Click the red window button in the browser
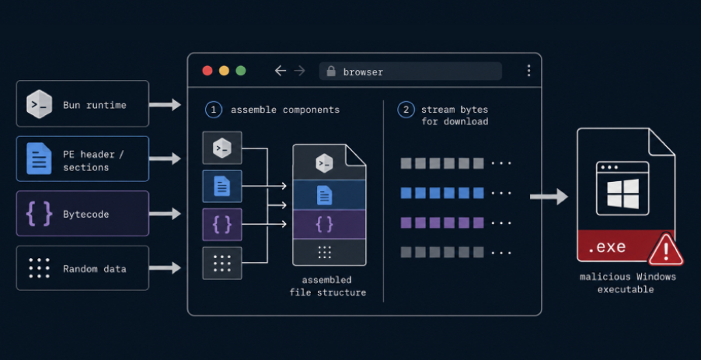[x=207, y=71]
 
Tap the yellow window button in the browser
[x=224, y=71]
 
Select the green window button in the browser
[x=241, y=71]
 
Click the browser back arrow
[x=281, y=71]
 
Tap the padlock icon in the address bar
[x=331, y=71]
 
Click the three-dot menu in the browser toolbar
[x=528, y=71]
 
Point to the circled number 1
[x=213, y=110]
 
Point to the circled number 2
[x=406, y=110]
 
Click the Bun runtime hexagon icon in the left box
[x=40, y=104]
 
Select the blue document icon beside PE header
[x=39, y=159]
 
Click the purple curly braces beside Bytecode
[x=40, y=213]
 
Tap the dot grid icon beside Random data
[x=40, y=268]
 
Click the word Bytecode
[x=85, y=214]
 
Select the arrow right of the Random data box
[x=165, y=268]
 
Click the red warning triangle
[x=666, y=250]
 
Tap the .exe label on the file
[x=607, y=246]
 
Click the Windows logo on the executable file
[x=623, y=194]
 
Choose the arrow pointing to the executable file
[x=549, y=197]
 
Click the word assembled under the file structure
[x=327, y=281]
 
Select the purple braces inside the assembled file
[x=325, y=224]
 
